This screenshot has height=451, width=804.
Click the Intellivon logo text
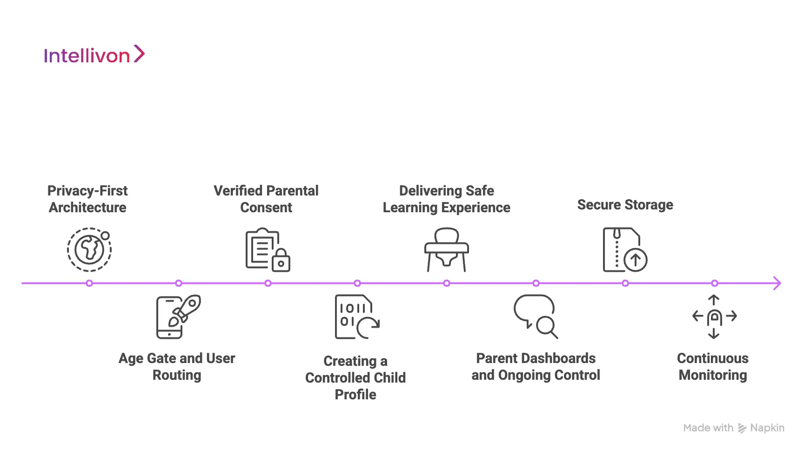click(x=87, y=56)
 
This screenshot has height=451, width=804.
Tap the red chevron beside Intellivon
click(x=140, y=54)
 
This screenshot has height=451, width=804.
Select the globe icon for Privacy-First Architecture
click(x=89, y=249)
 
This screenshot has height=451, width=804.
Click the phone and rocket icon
click(x=178, y=316)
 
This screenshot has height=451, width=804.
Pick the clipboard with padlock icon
click(x=268, y=250)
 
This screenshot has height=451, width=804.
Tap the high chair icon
click(x=446, y=250)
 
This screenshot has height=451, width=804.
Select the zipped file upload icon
click(x=625, y=250)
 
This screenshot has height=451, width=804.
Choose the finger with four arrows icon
click(x=714, y=316)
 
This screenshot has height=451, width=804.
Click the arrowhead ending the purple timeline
click(x=777, y=283)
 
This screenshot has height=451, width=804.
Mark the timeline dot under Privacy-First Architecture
click(x=89, y=283)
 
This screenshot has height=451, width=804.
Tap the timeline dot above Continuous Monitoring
click(x=715, y=283)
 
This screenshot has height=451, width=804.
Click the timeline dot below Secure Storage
click(x=625, y=283)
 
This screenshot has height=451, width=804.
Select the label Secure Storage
click(x=625, y=205)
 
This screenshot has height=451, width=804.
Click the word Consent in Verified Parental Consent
click(x=266, y=208)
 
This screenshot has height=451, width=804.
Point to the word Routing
click(x=177, y=375)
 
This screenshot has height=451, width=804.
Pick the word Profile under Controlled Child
click(x=355, y=395)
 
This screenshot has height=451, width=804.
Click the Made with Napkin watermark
click(x=733, y=428)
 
